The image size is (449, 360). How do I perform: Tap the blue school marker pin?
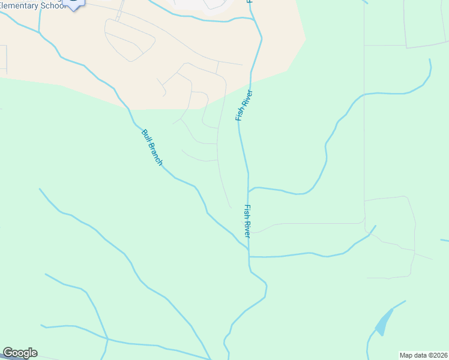pyautogui.click(x=73, y=4)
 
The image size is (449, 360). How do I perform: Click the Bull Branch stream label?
pyautogui.click(x=152, y=148)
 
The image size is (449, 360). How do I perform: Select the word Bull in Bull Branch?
pyautogui.click(x=145, y=136)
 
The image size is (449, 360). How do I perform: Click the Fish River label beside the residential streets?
pyautogui.click(x=243, y=106)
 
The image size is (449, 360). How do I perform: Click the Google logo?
pyautogui.click(x=20, y=353)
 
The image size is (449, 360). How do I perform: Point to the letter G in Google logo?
pyautogui.click(x=8, y=353)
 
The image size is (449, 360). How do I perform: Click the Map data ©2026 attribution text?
pyautogui.click(x=423, y=355)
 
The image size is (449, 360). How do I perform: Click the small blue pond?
pyautogui.click(x=382, y=324)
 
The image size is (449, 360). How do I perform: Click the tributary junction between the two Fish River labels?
pyautogui.click(x=249, y=191)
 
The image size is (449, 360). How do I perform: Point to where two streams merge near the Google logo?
pyautogui.click(x=107, y=339)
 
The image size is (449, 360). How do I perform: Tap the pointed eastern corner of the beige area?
pyautogui.click(x=306, y=40)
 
